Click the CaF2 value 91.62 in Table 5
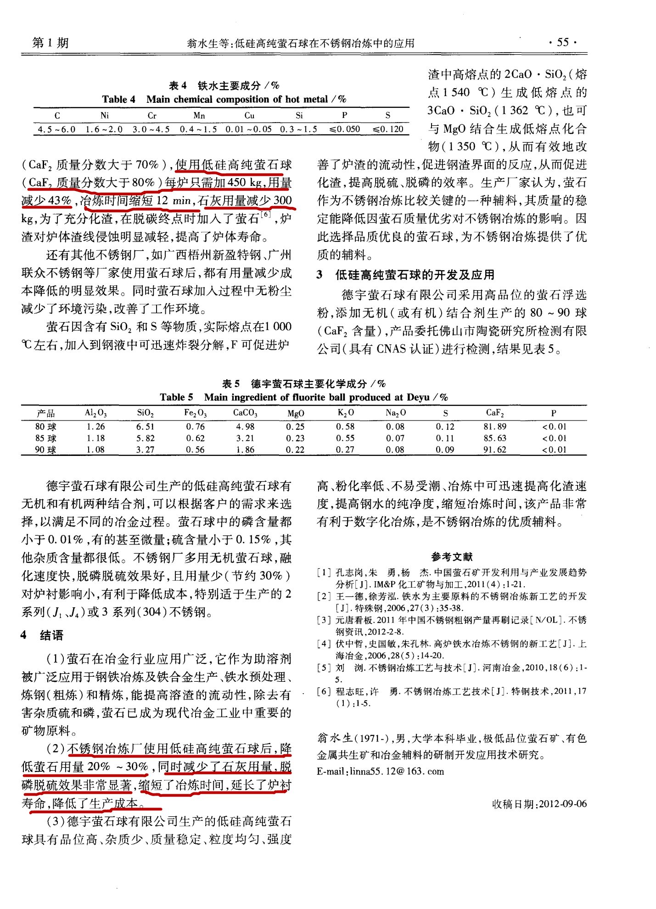(x=494, y=450)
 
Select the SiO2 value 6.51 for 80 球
(x=145, y=426)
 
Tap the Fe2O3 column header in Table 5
(x=195, y=413)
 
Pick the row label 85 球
(x=45, y=438)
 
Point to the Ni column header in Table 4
(x=105, y=115)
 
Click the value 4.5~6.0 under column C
(x=56, y=129)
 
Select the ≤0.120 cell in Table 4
(x=388, y=129)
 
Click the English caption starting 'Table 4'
(x=224, y=99)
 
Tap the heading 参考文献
(x=452, y=556)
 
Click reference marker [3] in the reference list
(x=324, y=620)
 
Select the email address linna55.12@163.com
(x=397, y=771)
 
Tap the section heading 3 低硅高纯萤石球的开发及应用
(x=405, y=275)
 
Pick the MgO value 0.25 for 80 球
(x=295, y=426)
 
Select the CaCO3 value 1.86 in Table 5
(x=245, y=450)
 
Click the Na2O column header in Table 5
(x=395, y=413)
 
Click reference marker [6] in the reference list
(x=324, y=691)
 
